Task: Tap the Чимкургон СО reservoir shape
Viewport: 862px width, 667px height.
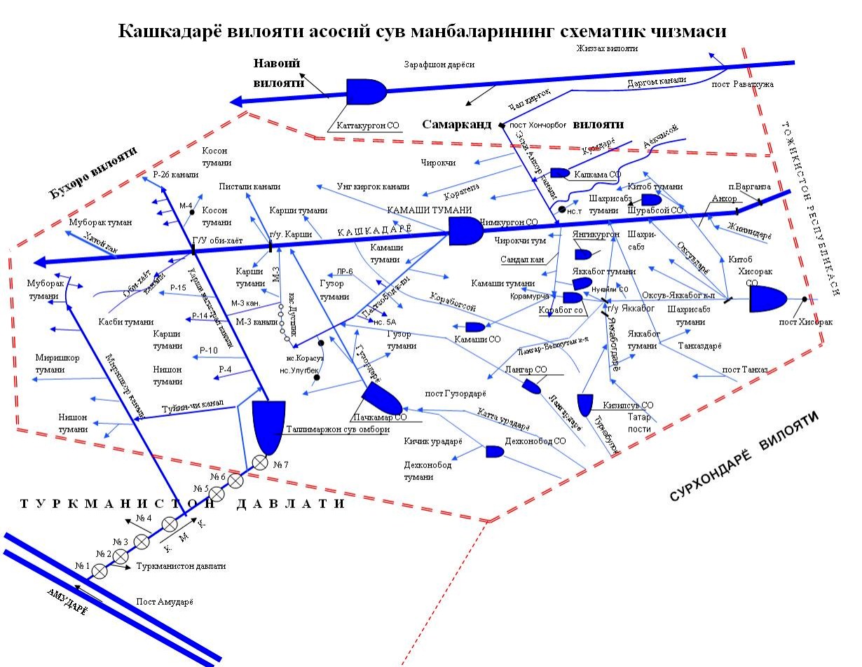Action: click(x=464, y=231)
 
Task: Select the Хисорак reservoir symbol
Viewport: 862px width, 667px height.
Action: click(x=769, y=298)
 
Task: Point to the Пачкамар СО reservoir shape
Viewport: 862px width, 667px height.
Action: click(x=383, y=399)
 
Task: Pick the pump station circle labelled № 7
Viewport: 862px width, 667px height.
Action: click(x=260, y=462)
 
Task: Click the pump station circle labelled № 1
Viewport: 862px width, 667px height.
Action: click(x=100, y=572)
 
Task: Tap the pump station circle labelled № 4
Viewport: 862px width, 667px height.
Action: click(x=170, y=524)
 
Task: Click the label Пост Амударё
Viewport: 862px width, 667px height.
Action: click(x=164, y=602)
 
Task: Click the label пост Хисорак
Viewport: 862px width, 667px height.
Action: click(x=806, y=323)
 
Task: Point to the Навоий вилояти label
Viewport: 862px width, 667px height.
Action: click(x=277, y=73)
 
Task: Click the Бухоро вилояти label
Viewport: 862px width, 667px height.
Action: click(x=93, y=173)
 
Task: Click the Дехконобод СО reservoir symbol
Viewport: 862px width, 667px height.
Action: click(x=495, y=452)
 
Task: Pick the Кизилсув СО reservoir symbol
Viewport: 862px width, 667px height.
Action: click(x=585, y=404)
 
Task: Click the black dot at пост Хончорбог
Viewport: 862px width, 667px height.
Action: click(x=502, y=125)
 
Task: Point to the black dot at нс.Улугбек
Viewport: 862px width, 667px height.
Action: click(x=317, y=378)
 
